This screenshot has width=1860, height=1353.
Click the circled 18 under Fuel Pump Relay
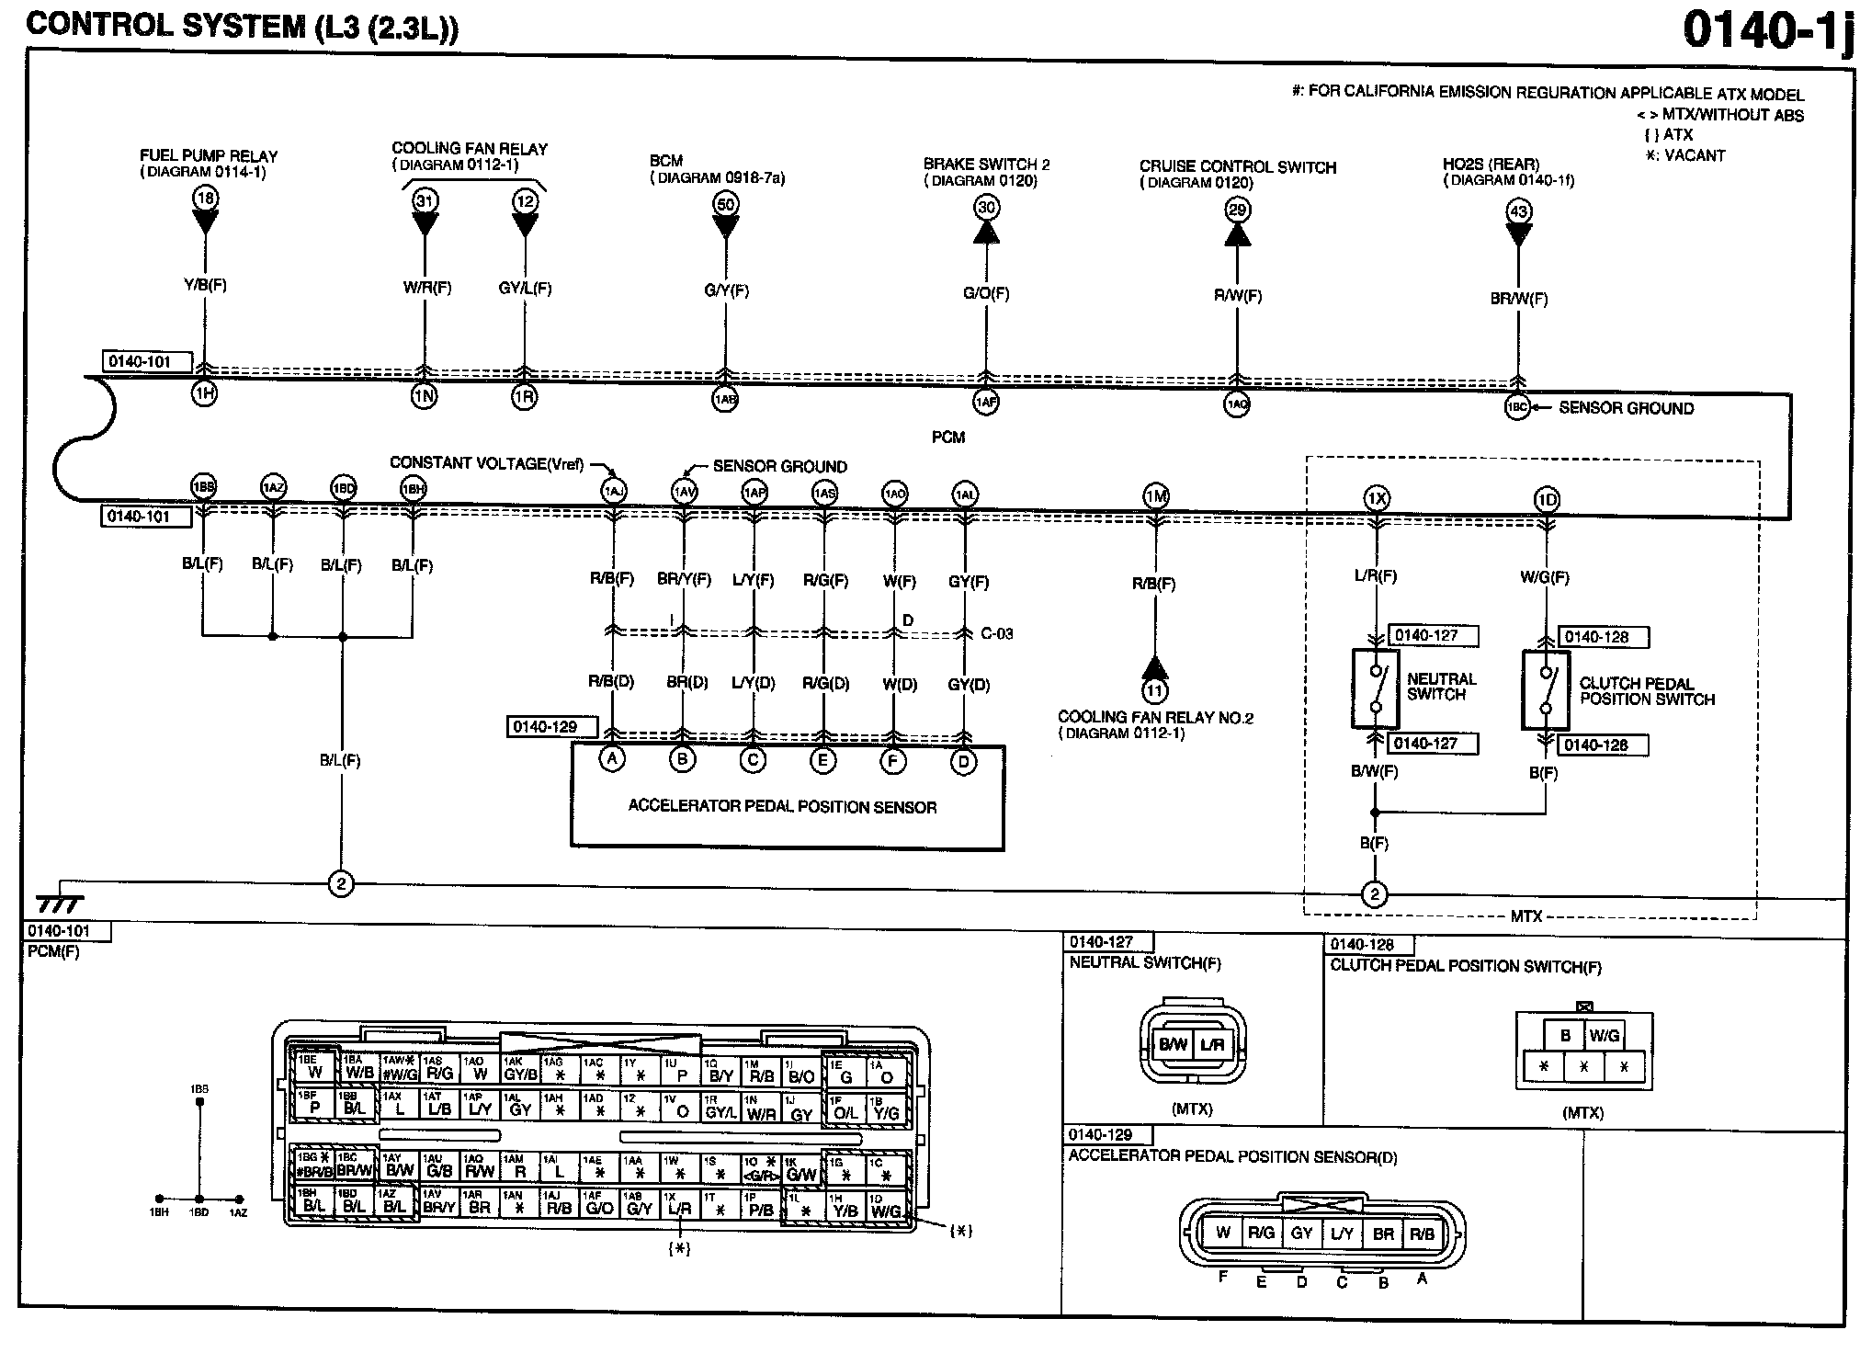(x=205, y=198)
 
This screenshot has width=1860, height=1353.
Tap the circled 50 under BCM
(x=725, y=204)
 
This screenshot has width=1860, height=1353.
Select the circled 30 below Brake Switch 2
(x=986, y=208)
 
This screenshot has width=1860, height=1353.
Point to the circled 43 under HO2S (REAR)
(x=1518, y=211)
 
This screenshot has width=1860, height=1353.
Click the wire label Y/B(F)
(x=205, y=285)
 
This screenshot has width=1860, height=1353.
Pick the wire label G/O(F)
(x=986, y=294)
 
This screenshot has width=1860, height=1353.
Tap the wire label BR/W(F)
(x=1518, y=299)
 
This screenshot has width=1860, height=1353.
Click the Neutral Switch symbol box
(x=1375, y=688)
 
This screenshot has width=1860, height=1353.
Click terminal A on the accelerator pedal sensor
(x=612, y=760)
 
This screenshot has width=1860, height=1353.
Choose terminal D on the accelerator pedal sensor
(x=963, y=762)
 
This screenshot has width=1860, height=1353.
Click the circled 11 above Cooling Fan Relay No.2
(x=1154, y=690)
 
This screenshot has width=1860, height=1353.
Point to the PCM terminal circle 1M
(x=1155, y=496)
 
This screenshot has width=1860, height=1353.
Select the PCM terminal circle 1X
(x=1376, y=499)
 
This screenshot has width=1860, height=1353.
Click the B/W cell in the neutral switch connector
(x=1173, y=1044)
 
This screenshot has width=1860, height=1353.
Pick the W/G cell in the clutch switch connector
(x=1604, y=1035)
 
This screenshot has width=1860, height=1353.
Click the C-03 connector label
(x=996, y=633)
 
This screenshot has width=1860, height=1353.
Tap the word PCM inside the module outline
(x=947, y=438)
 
